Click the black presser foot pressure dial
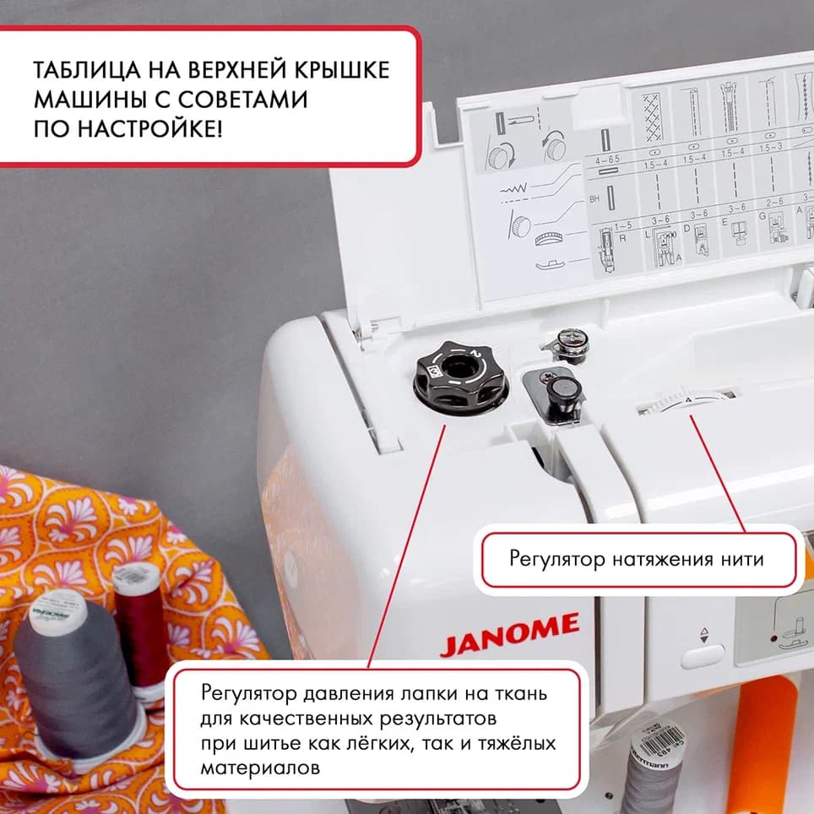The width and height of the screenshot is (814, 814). (x=460, y=377)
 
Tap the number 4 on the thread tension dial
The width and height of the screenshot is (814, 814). (x=689, y=398)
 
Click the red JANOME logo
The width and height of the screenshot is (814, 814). (x=509, y=635)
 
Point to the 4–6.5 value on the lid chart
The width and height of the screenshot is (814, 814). (x=606, y=159)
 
